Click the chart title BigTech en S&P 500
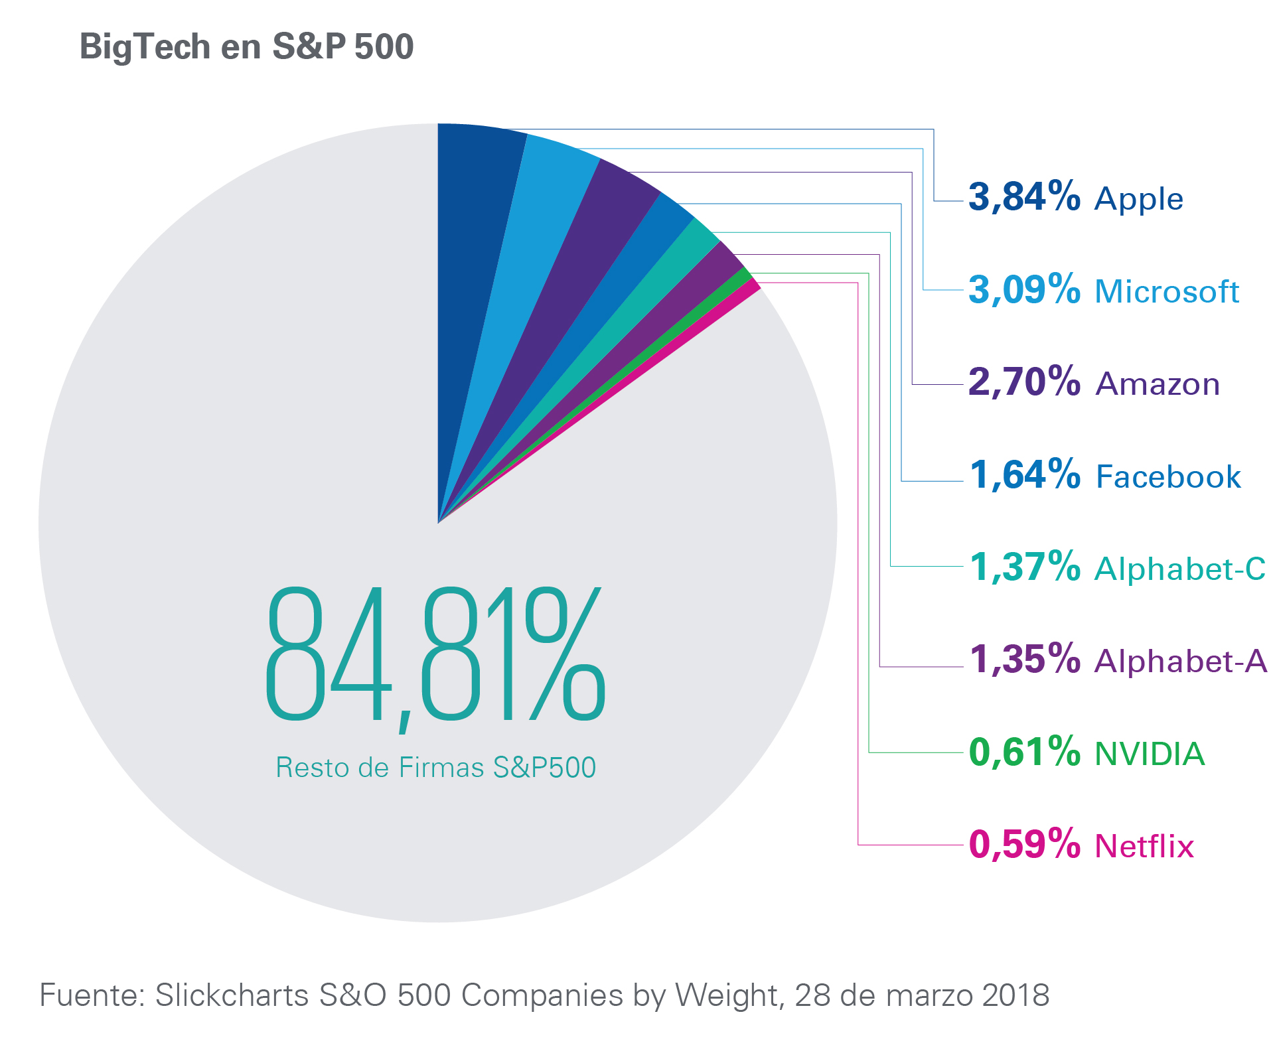pos(246,47)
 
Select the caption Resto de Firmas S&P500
pos(435,767)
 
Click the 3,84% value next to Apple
pos(1024,198)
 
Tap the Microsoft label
pos(1167,291)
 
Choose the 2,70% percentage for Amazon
pos(1024,383)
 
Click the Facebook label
pos(1168,476)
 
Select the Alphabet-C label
pos(1180,569)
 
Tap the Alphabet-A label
pos(1181,661)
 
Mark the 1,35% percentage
pos(1024,660)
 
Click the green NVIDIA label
pos(1150,754)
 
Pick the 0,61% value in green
pos(1024,752)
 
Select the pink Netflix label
pos(1144,846)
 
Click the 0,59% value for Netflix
pos(1024,845)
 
